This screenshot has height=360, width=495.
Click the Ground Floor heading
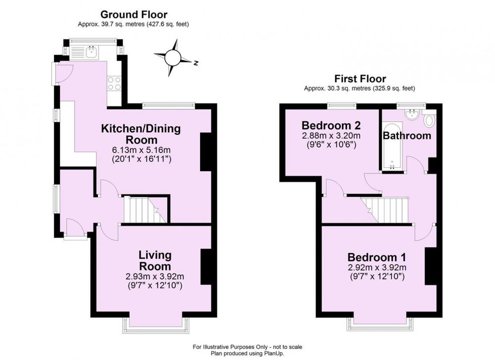(134, 14)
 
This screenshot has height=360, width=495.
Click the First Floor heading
(360, 79)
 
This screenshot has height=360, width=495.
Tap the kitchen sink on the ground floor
(91, 52)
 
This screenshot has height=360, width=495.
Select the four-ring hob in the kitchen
(114, 83)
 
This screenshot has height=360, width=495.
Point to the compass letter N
(196, 63)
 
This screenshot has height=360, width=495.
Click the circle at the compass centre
(172, 57)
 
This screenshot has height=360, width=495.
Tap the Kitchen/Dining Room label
(141, 134)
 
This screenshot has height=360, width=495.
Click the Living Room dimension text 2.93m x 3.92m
(154, 277)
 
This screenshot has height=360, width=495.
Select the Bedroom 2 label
(331, 125)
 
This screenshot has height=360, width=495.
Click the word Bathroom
(407, 136)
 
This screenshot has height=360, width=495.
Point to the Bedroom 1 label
(377, 257)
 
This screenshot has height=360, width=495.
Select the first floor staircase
(385, 210)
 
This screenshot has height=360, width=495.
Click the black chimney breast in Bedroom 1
(431, 266)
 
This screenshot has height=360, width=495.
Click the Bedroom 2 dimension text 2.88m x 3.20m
(331, 136)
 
